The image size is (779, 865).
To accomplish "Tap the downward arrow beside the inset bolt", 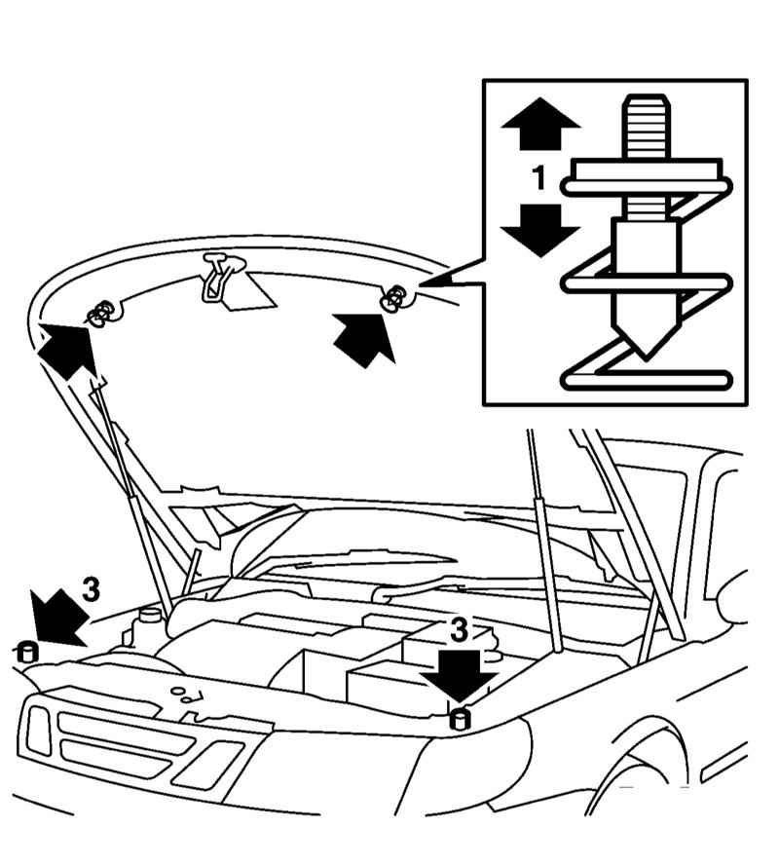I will [540, 230].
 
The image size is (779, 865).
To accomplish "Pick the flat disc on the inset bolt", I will [647, 174].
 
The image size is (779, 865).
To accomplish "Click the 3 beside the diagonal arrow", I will [90, 590].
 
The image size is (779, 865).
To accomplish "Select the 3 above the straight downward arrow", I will [459, 629].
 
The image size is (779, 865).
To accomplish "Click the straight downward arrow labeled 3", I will [459, 677].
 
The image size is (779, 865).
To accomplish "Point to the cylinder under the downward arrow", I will [460, 722].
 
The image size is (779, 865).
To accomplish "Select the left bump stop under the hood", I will [98, 314].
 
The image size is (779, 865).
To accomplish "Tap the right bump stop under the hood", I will [393, 297].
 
